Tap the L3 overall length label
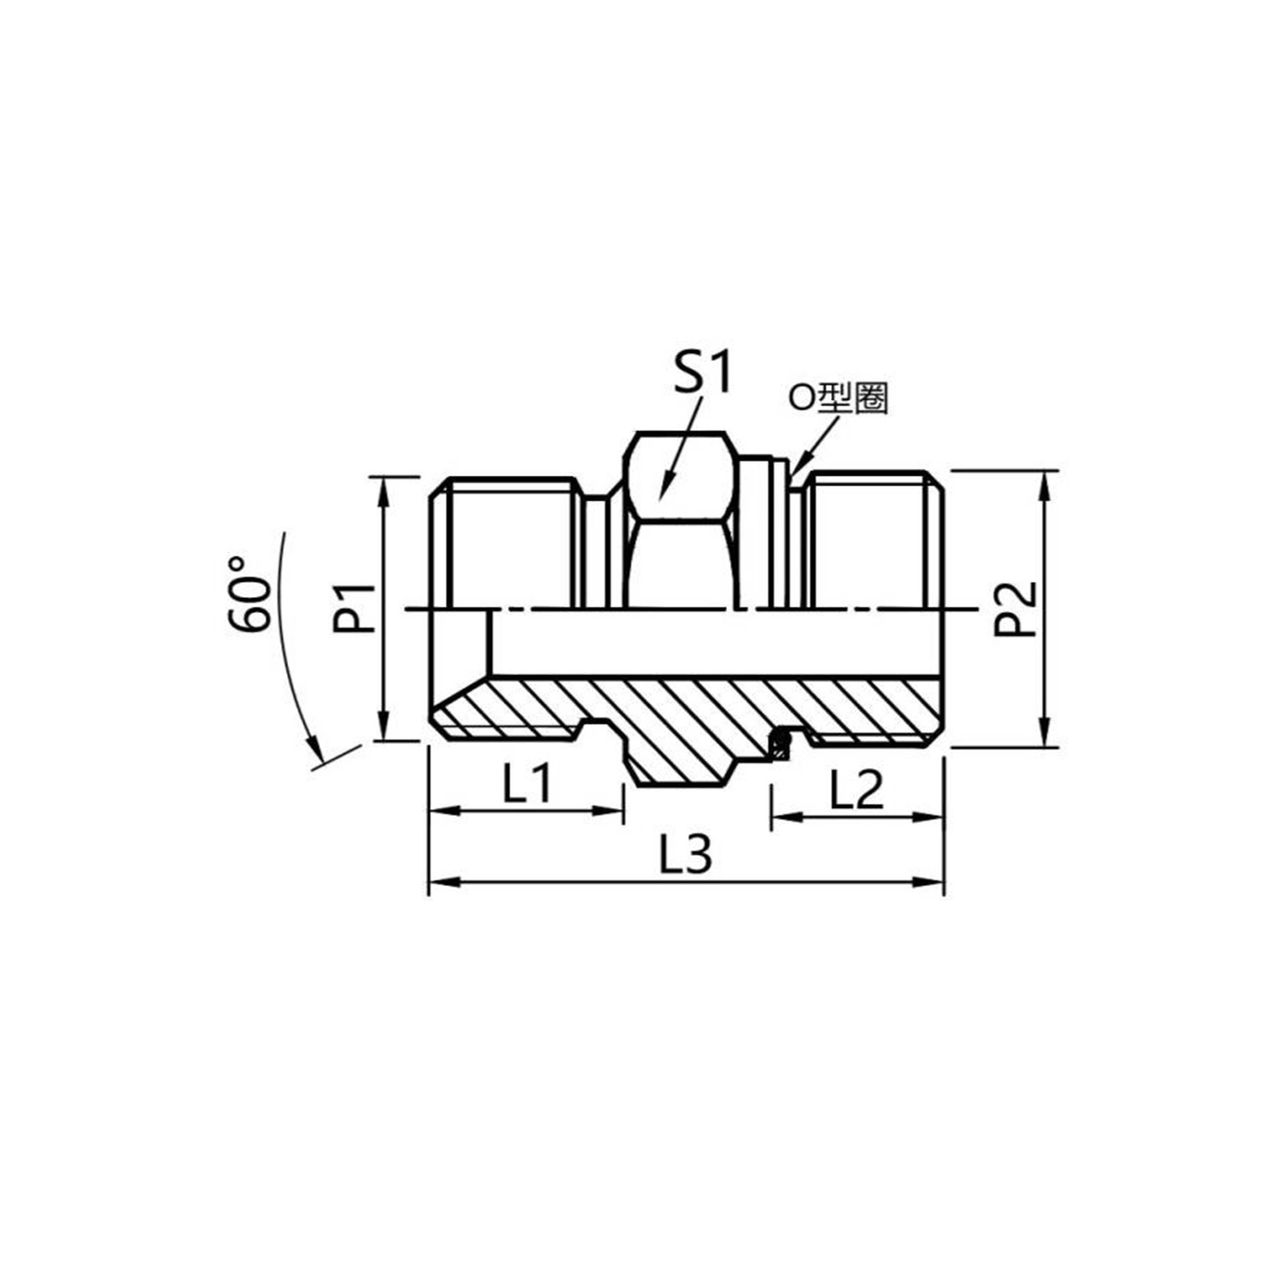[686, 855]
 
